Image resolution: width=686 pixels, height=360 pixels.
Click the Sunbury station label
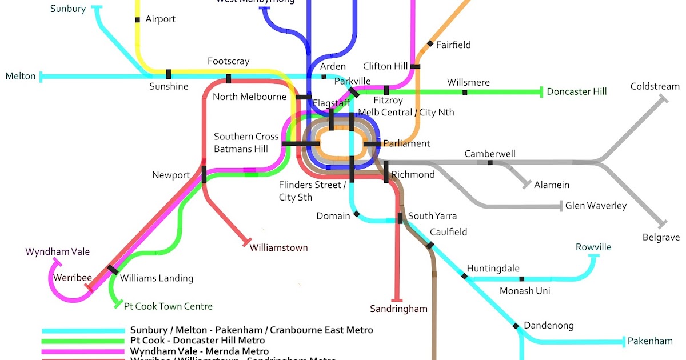(x=67, y=9)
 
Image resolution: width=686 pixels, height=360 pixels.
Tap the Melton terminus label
(x=20, y=76)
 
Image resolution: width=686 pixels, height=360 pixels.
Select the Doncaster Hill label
(x=576, y=91)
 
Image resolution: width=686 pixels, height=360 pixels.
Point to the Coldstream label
(x=655, y=87)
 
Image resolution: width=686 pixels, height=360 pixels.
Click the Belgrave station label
(x=661, y=237)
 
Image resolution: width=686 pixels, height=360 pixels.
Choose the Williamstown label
(x=278, y=248)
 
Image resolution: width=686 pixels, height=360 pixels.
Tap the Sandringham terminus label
(x=398, y=309)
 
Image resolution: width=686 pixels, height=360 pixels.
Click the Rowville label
(x=593, y=247)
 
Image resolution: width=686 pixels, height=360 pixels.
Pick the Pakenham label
(x=650, y=341)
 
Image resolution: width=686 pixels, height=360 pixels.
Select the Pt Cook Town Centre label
(x=168, y=306)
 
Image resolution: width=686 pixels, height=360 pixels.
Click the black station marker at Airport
(x=137, y=20)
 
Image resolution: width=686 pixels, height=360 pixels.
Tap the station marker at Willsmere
(x=464, y=92)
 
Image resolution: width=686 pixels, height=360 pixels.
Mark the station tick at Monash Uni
(x=521, y=279)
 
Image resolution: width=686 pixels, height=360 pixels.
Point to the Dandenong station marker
(x=516, y=326)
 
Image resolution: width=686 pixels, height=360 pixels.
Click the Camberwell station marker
(x=490, y=163)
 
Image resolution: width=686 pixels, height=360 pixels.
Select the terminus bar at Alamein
(x=527, y=185)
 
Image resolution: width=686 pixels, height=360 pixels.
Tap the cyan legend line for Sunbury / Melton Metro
(x=83, y=330)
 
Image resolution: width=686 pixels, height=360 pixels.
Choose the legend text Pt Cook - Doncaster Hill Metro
(x=197, y=341)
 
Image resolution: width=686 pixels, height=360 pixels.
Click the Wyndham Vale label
(x=58, y=251)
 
